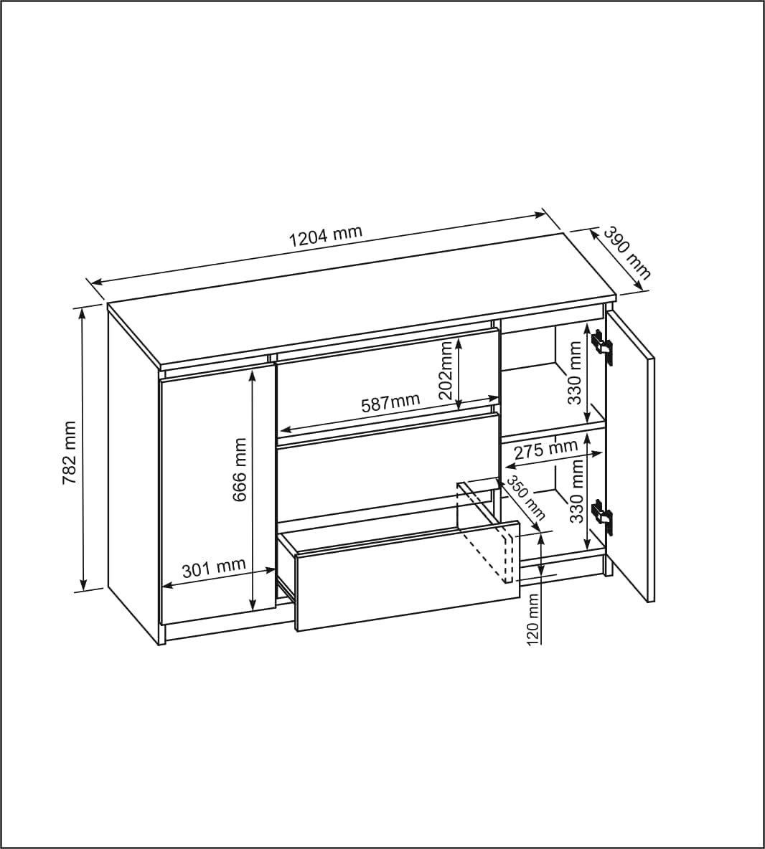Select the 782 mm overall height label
69,453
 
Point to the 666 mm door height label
240,470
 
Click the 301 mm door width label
213,569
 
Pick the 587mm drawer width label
390,403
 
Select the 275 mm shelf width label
545,450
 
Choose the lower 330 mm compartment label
576,490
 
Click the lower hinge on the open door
601,517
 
